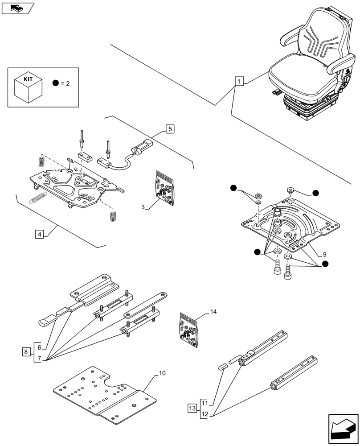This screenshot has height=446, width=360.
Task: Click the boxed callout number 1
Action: coord(239,82)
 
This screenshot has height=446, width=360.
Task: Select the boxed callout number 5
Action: coord(169,129)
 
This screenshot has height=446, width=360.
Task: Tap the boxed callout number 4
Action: coord(40,235)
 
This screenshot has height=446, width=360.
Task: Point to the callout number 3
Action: coord(143,207)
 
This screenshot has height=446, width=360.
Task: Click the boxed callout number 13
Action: coord(192,409)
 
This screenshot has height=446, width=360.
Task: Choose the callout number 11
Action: coord(205,403)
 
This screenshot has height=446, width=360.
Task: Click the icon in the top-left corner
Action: coord(18,8)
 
